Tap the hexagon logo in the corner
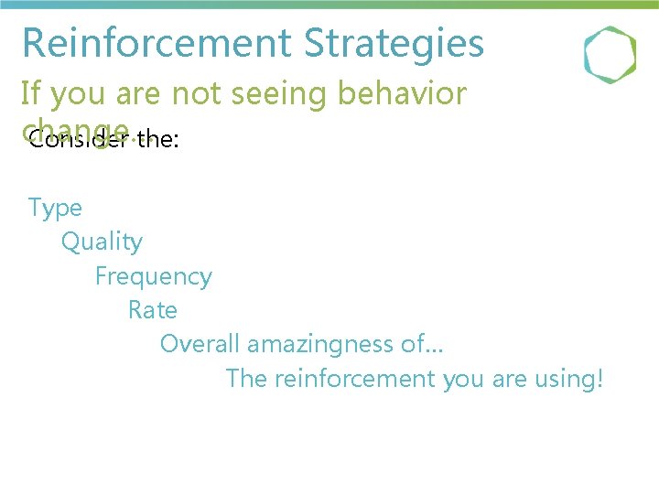[610, 55]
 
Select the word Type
[55, 209]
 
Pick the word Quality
[102, 242]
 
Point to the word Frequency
[153, 277]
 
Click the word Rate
[153, 311]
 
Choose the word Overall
[200, 345]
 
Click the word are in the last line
[508, 379]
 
